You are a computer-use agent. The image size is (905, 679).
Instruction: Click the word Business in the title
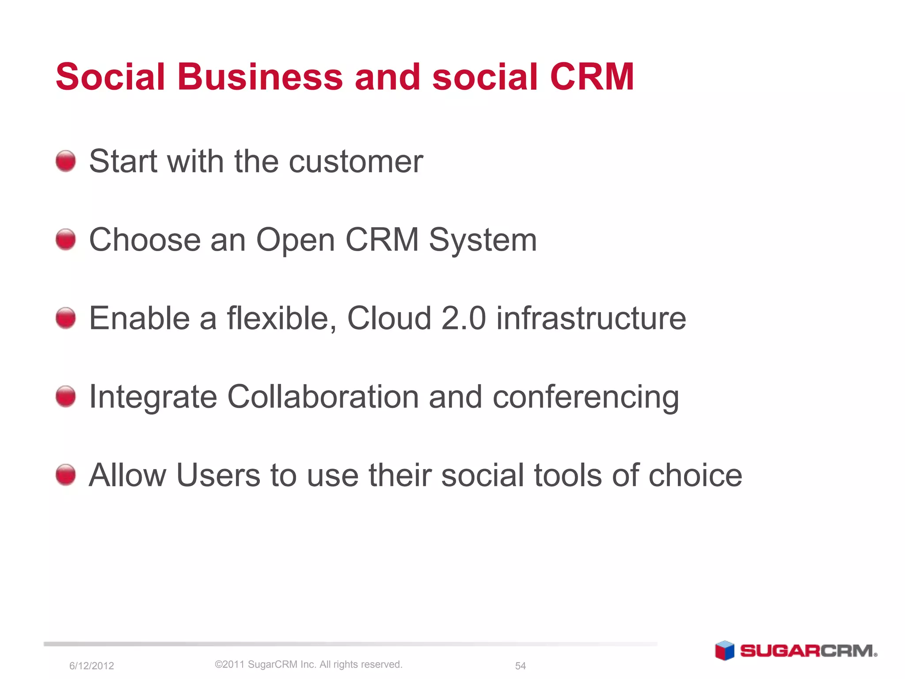point(260,77)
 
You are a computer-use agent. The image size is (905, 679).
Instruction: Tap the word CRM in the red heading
point(592,77)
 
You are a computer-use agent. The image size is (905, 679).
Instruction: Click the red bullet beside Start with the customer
point(66,161)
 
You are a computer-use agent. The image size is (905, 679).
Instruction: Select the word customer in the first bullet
point(356,162)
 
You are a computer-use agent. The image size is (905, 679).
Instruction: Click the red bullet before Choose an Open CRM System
point(66,240)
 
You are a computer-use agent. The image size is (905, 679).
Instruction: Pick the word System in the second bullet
point(483,241)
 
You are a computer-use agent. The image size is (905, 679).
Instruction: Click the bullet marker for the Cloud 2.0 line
point(66,318)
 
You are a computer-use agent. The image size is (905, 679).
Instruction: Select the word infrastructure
point(591,318)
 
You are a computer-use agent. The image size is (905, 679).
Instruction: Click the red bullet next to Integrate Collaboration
point(66,396)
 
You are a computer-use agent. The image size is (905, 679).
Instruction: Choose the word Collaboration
point(323,397)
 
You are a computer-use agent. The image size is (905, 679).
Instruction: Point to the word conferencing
point(586,398)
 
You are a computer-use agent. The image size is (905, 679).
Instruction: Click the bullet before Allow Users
point(66,475)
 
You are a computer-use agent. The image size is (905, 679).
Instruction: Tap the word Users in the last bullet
point(218,476)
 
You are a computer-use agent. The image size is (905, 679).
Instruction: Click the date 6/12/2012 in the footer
point(91,666)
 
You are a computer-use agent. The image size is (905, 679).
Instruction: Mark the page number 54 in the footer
point(521,666)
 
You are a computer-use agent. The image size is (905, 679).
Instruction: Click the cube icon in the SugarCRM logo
point(725,650)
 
